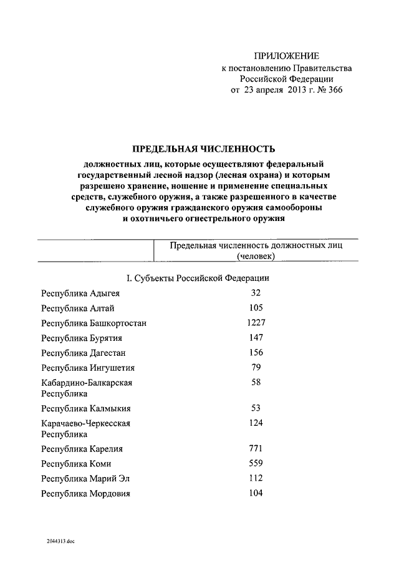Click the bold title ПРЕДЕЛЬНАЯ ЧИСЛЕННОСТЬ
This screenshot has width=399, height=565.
tap(203, 149)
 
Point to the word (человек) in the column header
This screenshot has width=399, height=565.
tap(256, 256)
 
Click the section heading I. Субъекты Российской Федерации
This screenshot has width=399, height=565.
tap(198, 278)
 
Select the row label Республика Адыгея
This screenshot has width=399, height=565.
tap(80, 293)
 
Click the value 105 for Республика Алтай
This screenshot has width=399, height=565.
tap(256, 308)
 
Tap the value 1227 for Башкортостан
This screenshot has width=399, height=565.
tap(256, 323)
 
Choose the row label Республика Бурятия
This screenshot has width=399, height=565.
tap(81, 338)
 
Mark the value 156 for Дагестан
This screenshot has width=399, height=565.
tap(256, 353)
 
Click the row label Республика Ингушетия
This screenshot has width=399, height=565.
tap(88, 368)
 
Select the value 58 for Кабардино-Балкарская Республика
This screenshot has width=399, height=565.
tap(256, 382)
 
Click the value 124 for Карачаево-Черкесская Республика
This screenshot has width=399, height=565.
tap(256, 423)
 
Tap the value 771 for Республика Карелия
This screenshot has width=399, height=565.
tap(256, 449)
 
